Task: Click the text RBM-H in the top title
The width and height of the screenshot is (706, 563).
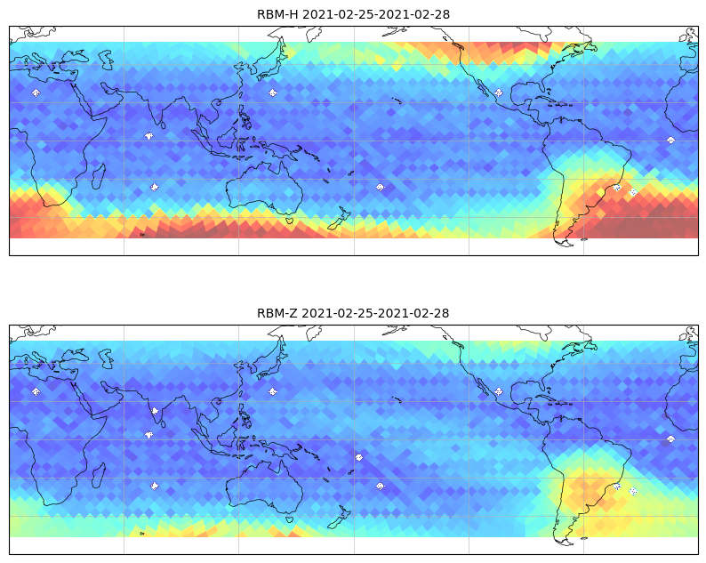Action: point(277,14)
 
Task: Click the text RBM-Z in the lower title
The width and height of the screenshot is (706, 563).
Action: point(277,313)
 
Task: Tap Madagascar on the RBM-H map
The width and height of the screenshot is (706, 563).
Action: point(99,176)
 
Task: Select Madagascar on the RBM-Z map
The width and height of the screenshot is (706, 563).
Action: point(99,475)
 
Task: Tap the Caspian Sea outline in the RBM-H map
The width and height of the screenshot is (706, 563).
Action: point(107,60)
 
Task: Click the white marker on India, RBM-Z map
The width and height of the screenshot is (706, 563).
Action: point(155,411)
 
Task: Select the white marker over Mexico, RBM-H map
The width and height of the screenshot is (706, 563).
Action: point(499,92)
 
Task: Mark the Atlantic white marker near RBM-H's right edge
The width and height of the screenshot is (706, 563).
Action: point(671,140)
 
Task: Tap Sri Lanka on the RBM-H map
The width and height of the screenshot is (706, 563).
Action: point(162,125)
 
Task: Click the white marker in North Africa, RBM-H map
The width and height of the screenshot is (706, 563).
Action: point(36,92)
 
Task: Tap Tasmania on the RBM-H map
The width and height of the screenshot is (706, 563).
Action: point(289,221)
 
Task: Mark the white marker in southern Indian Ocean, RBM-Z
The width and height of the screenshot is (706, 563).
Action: point(155,486)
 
